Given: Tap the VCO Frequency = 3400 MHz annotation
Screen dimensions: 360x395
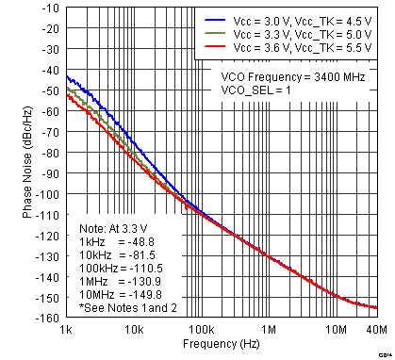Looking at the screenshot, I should (x=295, y=77).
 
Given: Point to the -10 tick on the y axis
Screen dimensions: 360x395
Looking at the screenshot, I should (x=50, y=8).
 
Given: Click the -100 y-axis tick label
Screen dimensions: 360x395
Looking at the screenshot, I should (x=47, y=193).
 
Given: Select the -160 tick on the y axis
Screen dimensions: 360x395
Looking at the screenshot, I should (x=47, y=318).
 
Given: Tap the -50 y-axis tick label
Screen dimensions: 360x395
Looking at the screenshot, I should (x=50, y=90).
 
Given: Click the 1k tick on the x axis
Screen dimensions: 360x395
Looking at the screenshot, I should (x=66, y=330).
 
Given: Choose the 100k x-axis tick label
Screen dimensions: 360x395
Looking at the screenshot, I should (x=200, y=330).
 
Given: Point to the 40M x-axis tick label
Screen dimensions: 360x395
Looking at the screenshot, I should (x=375, y=330).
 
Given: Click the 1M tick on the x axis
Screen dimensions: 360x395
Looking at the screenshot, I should (x=268, y=330).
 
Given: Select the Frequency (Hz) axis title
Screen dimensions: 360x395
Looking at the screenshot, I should (x=222, y=347).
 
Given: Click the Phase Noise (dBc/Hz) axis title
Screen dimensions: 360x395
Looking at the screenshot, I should (x=27, y=162).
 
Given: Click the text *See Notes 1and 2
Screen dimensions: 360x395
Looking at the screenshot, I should (x=123, y=307).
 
